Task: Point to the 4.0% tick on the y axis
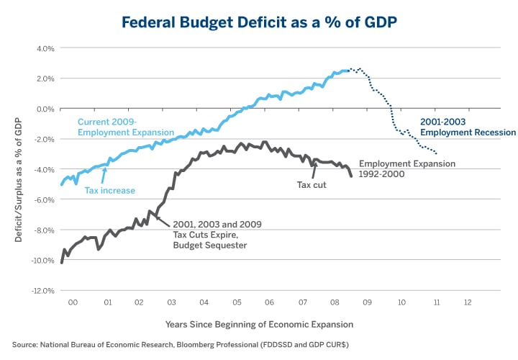click(x=45, y=48)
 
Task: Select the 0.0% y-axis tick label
click(x=45, y=109)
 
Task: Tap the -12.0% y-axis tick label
click(x=42, y=291)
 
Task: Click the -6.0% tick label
click(x=44, y=200)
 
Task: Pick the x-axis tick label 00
click(x=73, y=303)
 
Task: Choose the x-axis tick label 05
click(x=237, y=303)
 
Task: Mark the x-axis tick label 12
click(x=468, y=303)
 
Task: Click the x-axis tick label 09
click(x=368, y=303)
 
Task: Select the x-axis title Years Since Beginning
click(x=259, y=325)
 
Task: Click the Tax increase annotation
click(x=110, y=191)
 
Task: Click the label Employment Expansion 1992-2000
click(x=406, y=168)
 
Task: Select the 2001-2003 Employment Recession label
click(x=468, y=127)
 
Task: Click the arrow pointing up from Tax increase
click(x=105, y=175)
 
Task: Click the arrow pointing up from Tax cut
click(x=314, y=170)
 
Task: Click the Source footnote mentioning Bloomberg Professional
click(x=181, y=346)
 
